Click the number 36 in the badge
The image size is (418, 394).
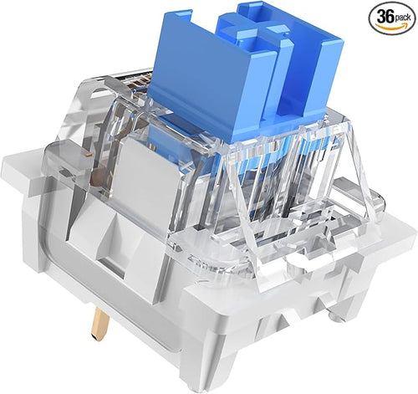point(385,17)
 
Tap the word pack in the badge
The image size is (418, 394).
point(402,18)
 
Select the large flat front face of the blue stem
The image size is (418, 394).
point(212,81)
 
